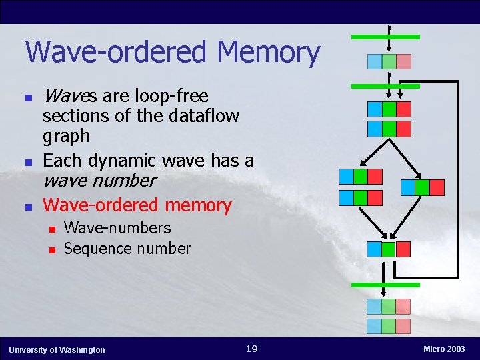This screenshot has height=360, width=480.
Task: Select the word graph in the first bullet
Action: pos(65,137)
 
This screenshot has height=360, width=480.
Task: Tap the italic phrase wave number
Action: pos(99,180)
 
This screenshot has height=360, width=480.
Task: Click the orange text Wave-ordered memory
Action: pos(137,205)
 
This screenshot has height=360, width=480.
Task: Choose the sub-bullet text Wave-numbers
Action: pos(117,228)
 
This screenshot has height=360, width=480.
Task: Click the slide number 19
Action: pos(251,349)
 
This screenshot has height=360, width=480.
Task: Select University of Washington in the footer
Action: pos(57,349)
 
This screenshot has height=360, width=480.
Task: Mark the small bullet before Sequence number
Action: pos(52,250)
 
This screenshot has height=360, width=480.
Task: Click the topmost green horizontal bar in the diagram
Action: pos(385,37)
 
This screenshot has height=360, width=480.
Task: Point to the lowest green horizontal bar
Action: pos(385,285)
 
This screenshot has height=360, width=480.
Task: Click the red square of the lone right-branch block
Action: pos(437,187)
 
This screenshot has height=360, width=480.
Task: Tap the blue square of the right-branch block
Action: pos(407,187)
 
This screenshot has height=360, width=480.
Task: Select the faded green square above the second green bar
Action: pos(389,62)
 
